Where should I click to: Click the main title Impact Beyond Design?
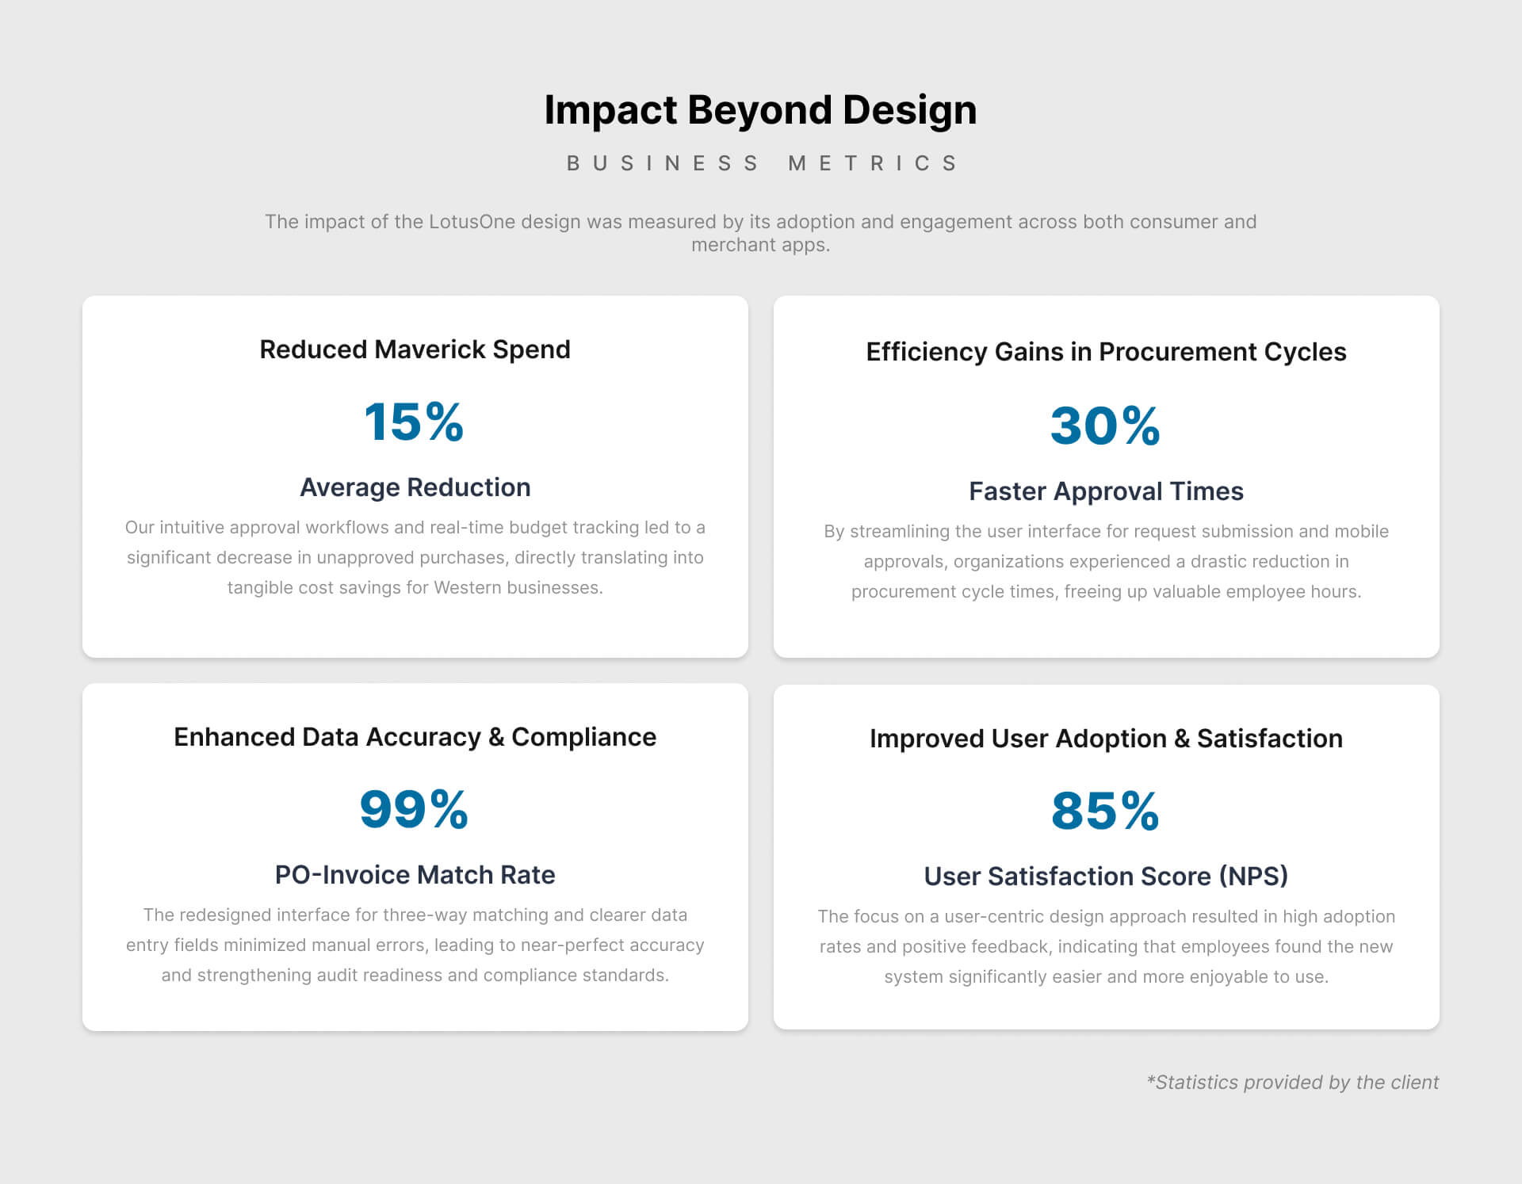(760, 110)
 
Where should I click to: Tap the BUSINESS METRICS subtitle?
(762, 163)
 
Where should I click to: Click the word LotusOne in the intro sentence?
(472, 222)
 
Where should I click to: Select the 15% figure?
(414, 421)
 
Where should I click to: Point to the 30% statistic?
(1105, 426)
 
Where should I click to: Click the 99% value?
(414, 809)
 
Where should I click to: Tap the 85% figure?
(1105, 811)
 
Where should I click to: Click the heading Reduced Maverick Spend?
(415, 349)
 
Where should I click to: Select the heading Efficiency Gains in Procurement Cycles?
(1106, 352)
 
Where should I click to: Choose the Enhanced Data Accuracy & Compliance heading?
(415, 737)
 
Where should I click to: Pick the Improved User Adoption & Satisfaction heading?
(1106, 739)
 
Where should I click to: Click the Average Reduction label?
(415, 487)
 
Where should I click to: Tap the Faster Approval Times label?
(1106, 491)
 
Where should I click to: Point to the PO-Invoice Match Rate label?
(415, 875)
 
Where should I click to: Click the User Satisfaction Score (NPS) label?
(1106, 877)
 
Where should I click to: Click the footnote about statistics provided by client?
(1292, 1083)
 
